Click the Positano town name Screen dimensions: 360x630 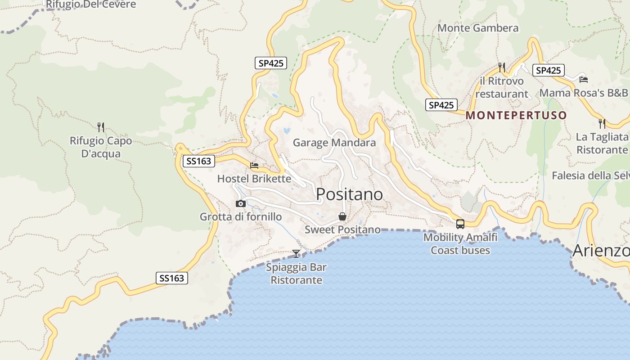click(x=349, y=194)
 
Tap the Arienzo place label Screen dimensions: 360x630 click(x=600, y=251)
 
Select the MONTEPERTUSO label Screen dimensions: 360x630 click(x=516, y=115)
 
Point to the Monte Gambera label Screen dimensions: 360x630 click(x=478, y=28)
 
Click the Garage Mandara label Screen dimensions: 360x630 click(x=334, y=143)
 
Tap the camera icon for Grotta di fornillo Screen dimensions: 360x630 click(x=241, y=204)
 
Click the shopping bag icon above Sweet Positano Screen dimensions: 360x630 click(x=342, y=217)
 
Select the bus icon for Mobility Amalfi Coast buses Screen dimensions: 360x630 click(x=460, y=224)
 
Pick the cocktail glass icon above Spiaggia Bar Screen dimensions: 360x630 click(x=296, y=254)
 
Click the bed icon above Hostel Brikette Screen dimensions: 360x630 click(x=254, y=166)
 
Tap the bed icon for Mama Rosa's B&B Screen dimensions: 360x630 click(x=584, y=80)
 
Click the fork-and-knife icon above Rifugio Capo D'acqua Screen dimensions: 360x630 click(x=101, y=127)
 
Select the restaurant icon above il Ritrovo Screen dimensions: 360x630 click(x=502, y=67)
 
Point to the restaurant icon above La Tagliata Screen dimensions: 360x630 click(x=602, y=123)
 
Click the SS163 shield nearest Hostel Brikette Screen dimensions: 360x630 click(x=198, y=161)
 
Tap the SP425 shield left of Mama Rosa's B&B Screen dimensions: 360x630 click(x=548, y=70)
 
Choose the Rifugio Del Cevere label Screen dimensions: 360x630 click(x=90, y=4)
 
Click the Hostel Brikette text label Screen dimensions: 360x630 click(x=254, y=179)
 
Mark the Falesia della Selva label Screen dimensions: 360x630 click(x=590, y=175)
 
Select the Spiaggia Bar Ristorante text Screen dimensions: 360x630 click(x=296, y=274)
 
